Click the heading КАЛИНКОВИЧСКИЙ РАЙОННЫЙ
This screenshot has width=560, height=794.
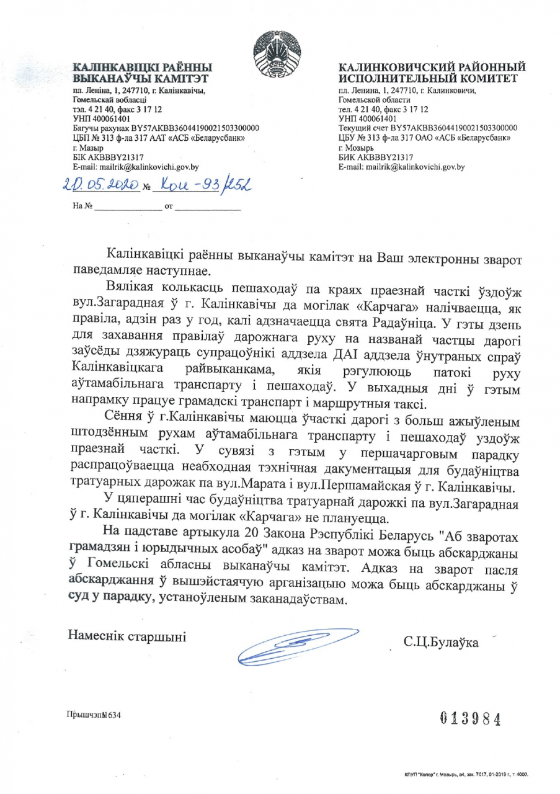[x=432, y=66]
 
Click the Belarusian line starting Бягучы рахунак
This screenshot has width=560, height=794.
[x=166, y=128]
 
